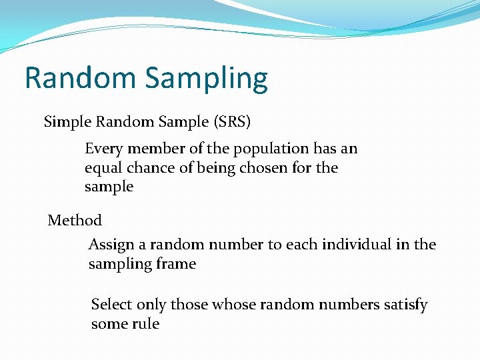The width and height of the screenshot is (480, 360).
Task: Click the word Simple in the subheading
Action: coord(67,122)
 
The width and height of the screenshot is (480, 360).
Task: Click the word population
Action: coord(271,149)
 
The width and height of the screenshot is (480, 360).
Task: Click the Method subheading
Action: coord(75,220)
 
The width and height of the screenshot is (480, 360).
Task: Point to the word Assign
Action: coord(111,245)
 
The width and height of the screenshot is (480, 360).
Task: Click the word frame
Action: coord(176,264)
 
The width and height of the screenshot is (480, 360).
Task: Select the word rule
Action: coord(145,324)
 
